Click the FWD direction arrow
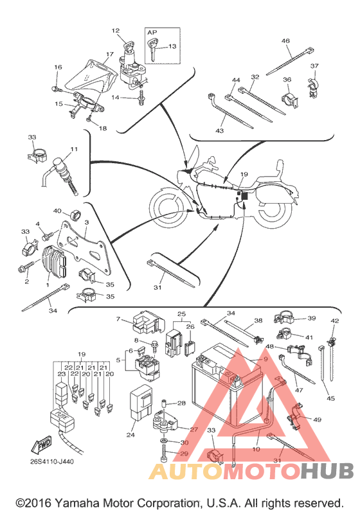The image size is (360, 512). pyautogui.click(x=42, y=445)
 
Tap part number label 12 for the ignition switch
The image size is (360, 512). pyautogui.click(x=116, y=31)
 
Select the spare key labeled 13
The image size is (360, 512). pyautogui.click(x=153, y=49)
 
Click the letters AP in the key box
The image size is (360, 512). pyautogui.click(x=152, y=32)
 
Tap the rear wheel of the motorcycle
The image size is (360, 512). pyautogui.click(x=272, y=212)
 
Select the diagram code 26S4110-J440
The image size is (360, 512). pyautogui.click(x=52, y=462)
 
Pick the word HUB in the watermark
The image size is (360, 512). pyautogui.click(x=327, y=471)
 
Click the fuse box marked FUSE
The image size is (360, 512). pyautogui.click(x=62, y=419)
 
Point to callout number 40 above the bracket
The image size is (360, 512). pyautogui.click(x=57, y=211)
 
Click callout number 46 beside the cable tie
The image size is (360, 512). pyautogui.click(x=285, y=41)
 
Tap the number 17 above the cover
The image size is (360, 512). pyautogui.click(x=110, y=54)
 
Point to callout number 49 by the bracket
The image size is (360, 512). pyautogui.click(x=317, y=419)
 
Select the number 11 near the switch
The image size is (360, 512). pyautogui.click(x=74, y=149)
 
